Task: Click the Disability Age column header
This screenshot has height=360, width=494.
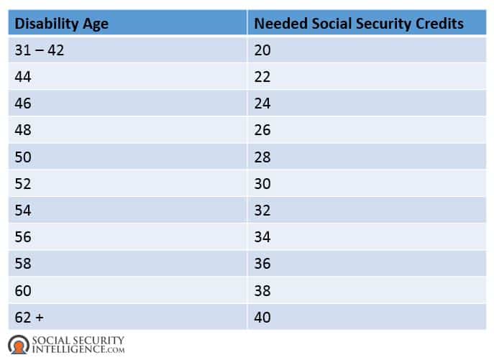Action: coord(62,24)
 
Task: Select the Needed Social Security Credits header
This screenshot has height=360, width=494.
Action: coord(359,24)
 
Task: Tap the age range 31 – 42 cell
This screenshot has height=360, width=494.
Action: coord(39,50)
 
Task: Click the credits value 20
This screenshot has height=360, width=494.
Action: coord(262,50)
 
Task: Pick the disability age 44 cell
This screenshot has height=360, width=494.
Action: coord(24,77)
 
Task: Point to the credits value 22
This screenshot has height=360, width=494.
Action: coord(262,77)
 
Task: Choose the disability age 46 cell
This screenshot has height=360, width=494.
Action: coord(24,103)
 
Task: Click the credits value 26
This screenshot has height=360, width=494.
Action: coord(262,130)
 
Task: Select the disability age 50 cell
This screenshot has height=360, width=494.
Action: coord(24,157)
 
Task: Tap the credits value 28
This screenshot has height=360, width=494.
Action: coord(262,157)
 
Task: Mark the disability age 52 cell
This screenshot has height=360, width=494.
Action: coord(24,183)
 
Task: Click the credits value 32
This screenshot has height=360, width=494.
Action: coord(262,210)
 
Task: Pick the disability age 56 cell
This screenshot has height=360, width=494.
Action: coord(24,236)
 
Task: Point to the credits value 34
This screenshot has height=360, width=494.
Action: coord(262,236)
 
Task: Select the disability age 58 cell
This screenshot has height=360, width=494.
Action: coord(24,263)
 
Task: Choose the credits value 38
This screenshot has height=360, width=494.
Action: coord(262,290)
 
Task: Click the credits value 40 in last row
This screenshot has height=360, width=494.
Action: coord(262,316)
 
